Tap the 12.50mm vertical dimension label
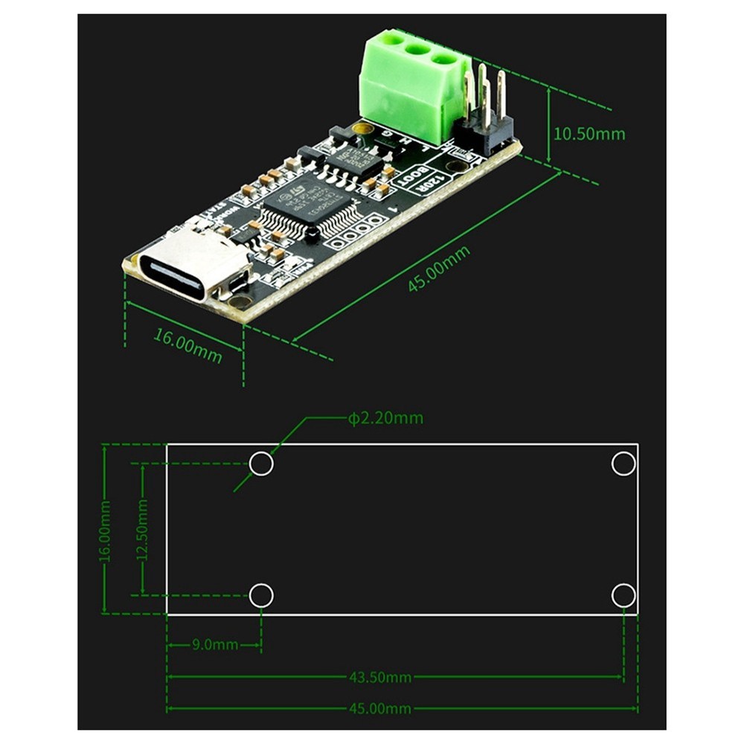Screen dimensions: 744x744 142,529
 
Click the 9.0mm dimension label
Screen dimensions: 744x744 214,644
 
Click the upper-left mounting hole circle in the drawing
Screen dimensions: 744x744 261,464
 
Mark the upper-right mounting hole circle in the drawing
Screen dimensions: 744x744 623,464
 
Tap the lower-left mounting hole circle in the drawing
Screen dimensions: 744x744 261,595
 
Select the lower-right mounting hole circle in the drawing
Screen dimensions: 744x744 623,595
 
